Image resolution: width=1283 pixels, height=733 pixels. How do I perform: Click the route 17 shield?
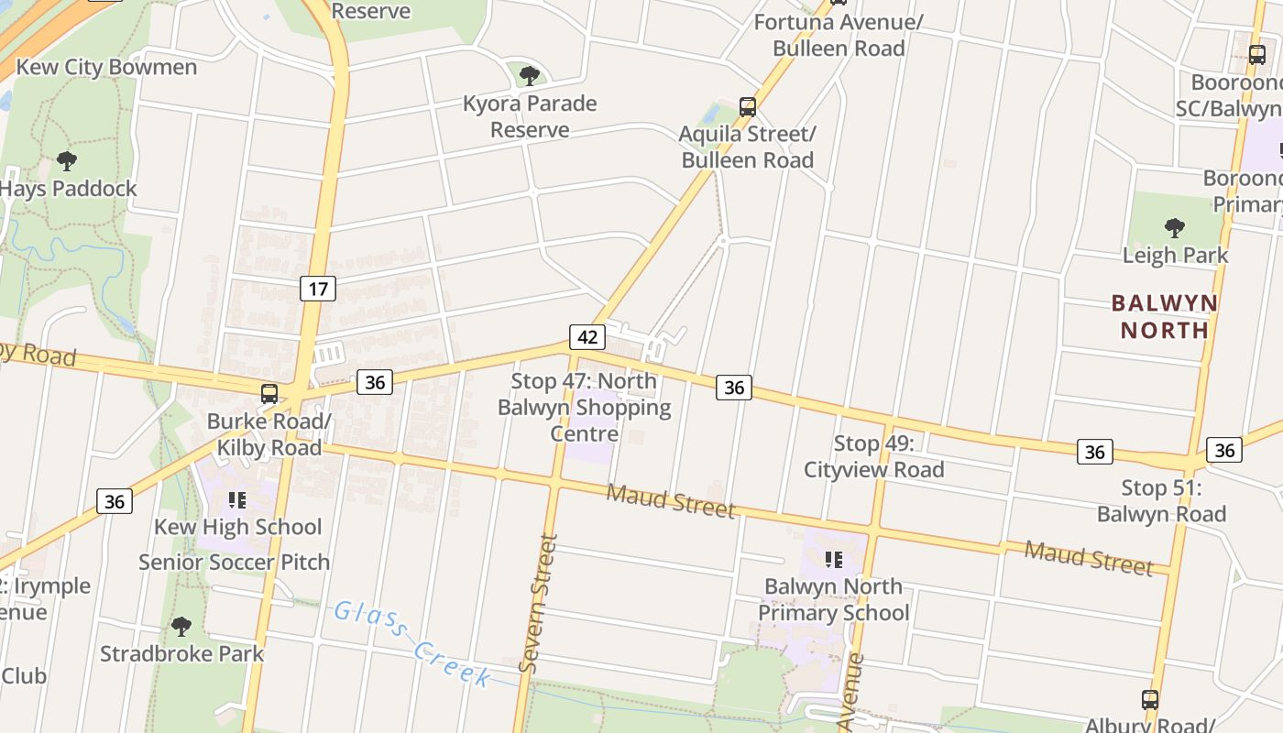318,290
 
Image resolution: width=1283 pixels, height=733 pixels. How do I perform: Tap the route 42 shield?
587,336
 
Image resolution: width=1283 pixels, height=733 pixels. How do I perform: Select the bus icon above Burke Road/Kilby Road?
269,394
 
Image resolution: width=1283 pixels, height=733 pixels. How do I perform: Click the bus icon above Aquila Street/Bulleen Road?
748,106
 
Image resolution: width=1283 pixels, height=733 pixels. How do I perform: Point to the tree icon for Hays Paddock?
66,161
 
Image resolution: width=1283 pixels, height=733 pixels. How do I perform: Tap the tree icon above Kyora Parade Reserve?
529,75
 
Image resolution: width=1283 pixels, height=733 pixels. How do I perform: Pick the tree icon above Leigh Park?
1174,227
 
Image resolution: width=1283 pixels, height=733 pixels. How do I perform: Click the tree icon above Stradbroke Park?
181,627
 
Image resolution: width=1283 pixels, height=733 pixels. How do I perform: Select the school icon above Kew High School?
237,500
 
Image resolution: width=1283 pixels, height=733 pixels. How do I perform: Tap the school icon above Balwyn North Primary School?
833,559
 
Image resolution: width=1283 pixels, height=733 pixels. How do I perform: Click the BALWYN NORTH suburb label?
1164,316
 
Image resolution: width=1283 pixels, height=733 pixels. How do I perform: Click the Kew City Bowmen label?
106,67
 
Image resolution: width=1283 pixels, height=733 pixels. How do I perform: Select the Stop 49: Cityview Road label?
873,456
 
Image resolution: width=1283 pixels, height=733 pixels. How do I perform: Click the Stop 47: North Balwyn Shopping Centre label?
585,407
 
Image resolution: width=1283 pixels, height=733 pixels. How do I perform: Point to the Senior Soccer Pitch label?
234,562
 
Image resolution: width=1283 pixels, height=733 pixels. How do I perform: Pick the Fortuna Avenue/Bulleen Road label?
839,35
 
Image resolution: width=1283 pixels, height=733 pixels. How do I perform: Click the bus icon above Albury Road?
1150,700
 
